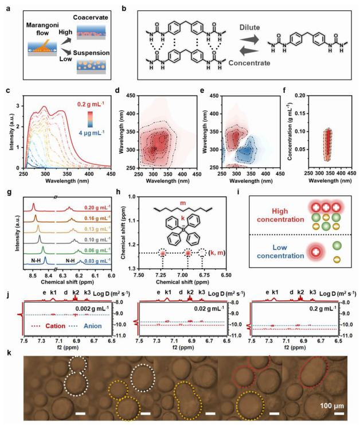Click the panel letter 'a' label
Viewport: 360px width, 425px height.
click(9, 9)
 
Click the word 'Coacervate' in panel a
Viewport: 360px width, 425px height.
click(91, 18)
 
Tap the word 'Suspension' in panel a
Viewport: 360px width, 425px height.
click(91, 53)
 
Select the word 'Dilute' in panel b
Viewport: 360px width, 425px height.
click(249, 27)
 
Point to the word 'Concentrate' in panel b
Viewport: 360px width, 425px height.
click(249, 63)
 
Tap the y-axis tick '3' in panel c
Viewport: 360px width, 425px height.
click(18, 106)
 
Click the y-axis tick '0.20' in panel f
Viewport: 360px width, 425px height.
click(300, 96)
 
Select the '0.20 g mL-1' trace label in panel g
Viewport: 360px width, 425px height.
click(97, 207)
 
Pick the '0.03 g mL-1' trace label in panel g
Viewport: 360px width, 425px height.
click(97, 261)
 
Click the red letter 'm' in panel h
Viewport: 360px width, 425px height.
click(183, 203)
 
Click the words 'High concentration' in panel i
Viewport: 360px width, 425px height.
click(280, 215)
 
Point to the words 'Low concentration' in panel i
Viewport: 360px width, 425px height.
click(280, 251)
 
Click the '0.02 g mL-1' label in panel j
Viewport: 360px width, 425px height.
click(209, 308)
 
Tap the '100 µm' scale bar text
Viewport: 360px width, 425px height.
click(332, 406)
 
